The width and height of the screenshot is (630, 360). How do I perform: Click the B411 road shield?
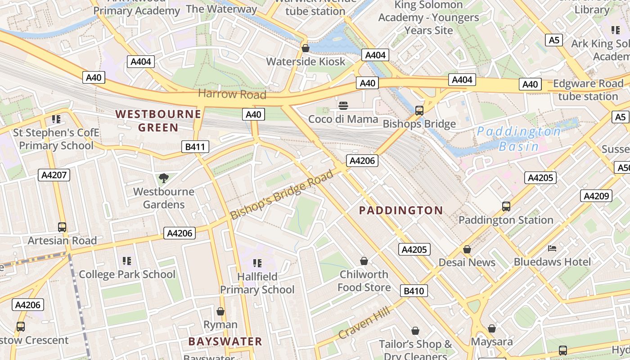[195, 146]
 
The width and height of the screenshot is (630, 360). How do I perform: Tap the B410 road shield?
[414, 291]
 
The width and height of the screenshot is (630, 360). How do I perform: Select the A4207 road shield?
[54, 175]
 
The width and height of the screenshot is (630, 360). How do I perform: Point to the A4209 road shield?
[597, 196]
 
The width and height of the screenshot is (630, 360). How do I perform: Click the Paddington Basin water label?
[519, 139]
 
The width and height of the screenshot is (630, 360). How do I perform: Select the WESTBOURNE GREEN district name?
[158, 121]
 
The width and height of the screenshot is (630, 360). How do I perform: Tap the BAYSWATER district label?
[225, 341]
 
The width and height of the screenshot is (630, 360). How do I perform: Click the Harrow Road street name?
[232, 94]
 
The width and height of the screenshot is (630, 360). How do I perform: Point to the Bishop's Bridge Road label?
[282, 194]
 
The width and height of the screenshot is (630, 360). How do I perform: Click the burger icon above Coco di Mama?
[343, 106]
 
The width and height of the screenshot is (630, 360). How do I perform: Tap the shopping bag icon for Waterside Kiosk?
[306, 48]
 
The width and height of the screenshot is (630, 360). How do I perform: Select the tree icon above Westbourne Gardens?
[164, 178]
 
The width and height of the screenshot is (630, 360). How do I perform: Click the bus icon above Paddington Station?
[506, 207]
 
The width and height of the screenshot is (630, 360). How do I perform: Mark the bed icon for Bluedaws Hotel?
[552, 248]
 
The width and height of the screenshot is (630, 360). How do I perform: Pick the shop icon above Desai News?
[467, 249]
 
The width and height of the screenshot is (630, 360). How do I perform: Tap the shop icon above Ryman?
[220, 311]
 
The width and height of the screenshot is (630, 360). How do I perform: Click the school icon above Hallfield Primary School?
[257, 263]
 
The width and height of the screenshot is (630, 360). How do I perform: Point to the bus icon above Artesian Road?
[62, 227]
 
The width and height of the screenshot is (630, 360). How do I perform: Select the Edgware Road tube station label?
[588, 90]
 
